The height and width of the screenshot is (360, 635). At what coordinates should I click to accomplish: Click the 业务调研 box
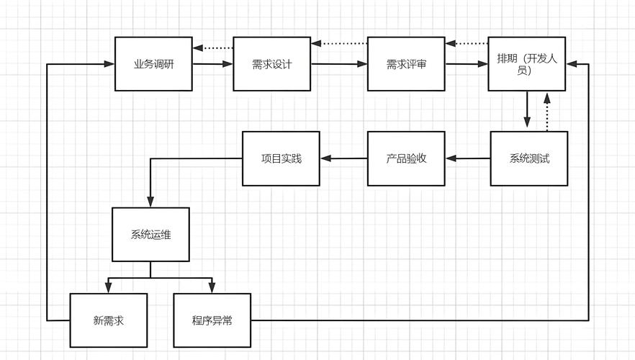tap(153, 64)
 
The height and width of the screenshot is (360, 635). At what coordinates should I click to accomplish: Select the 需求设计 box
tap(271, 64)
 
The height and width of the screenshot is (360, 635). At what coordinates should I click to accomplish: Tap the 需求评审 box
tap(406, 64)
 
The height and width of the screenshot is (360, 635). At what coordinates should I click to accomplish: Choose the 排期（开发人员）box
tap(527, 64)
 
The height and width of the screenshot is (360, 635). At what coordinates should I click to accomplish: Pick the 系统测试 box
tap(529, 158)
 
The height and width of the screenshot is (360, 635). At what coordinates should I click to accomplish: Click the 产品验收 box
tap(406, 158)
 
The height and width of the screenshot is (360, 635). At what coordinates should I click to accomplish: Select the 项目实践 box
tap(281, 158)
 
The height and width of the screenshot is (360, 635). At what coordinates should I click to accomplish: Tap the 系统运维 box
tap(150, 234)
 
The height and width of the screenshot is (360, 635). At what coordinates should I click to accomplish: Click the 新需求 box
tap(108, 320)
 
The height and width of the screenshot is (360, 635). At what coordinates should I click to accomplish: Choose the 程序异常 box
tap(212, 320)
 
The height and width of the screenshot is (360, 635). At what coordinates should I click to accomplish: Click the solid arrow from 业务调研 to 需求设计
tap(212, 64)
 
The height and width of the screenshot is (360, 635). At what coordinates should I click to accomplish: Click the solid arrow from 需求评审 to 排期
tap(466, 65)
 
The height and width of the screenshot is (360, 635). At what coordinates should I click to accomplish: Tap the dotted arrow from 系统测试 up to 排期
tap(546, 111)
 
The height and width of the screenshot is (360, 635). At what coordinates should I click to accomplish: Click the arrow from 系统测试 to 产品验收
tap(467, 158)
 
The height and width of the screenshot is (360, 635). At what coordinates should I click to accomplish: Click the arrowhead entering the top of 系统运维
tap(150, 201)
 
